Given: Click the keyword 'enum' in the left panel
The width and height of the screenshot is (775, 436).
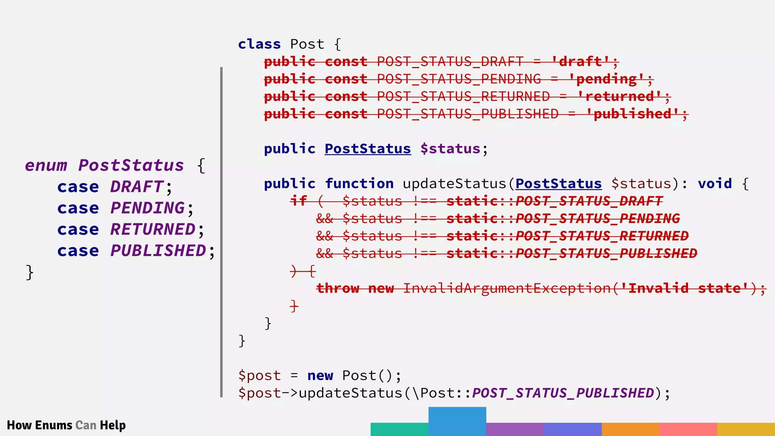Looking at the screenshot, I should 46,166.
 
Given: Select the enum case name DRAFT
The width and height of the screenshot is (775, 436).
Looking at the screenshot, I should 137,187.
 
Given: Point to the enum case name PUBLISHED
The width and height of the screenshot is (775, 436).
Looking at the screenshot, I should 158,251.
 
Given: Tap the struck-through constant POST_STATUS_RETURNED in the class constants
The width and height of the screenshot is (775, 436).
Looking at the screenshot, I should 463,97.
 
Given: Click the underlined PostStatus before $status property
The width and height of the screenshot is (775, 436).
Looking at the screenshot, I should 367,149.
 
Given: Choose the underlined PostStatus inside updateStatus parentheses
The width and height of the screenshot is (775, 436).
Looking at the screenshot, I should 558,184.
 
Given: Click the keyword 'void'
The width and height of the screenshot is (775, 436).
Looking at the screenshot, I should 715,184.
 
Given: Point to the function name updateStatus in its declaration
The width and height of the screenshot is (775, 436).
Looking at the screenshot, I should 454,184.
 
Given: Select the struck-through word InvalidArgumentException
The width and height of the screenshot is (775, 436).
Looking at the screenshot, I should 507,288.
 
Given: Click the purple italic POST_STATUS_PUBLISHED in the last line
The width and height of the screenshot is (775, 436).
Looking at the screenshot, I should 563,393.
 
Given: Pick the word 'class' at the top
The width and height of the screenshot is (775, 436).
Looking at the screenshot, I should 259,44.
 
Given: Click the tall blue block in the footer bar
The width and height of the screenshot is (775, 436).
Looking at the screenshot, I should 457,421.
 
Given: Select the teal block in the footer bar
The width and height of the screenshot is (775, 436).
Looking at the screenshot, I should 399,429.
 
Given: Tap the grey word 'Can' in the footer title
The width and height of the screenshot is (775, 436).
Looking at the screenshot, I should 86,425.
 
